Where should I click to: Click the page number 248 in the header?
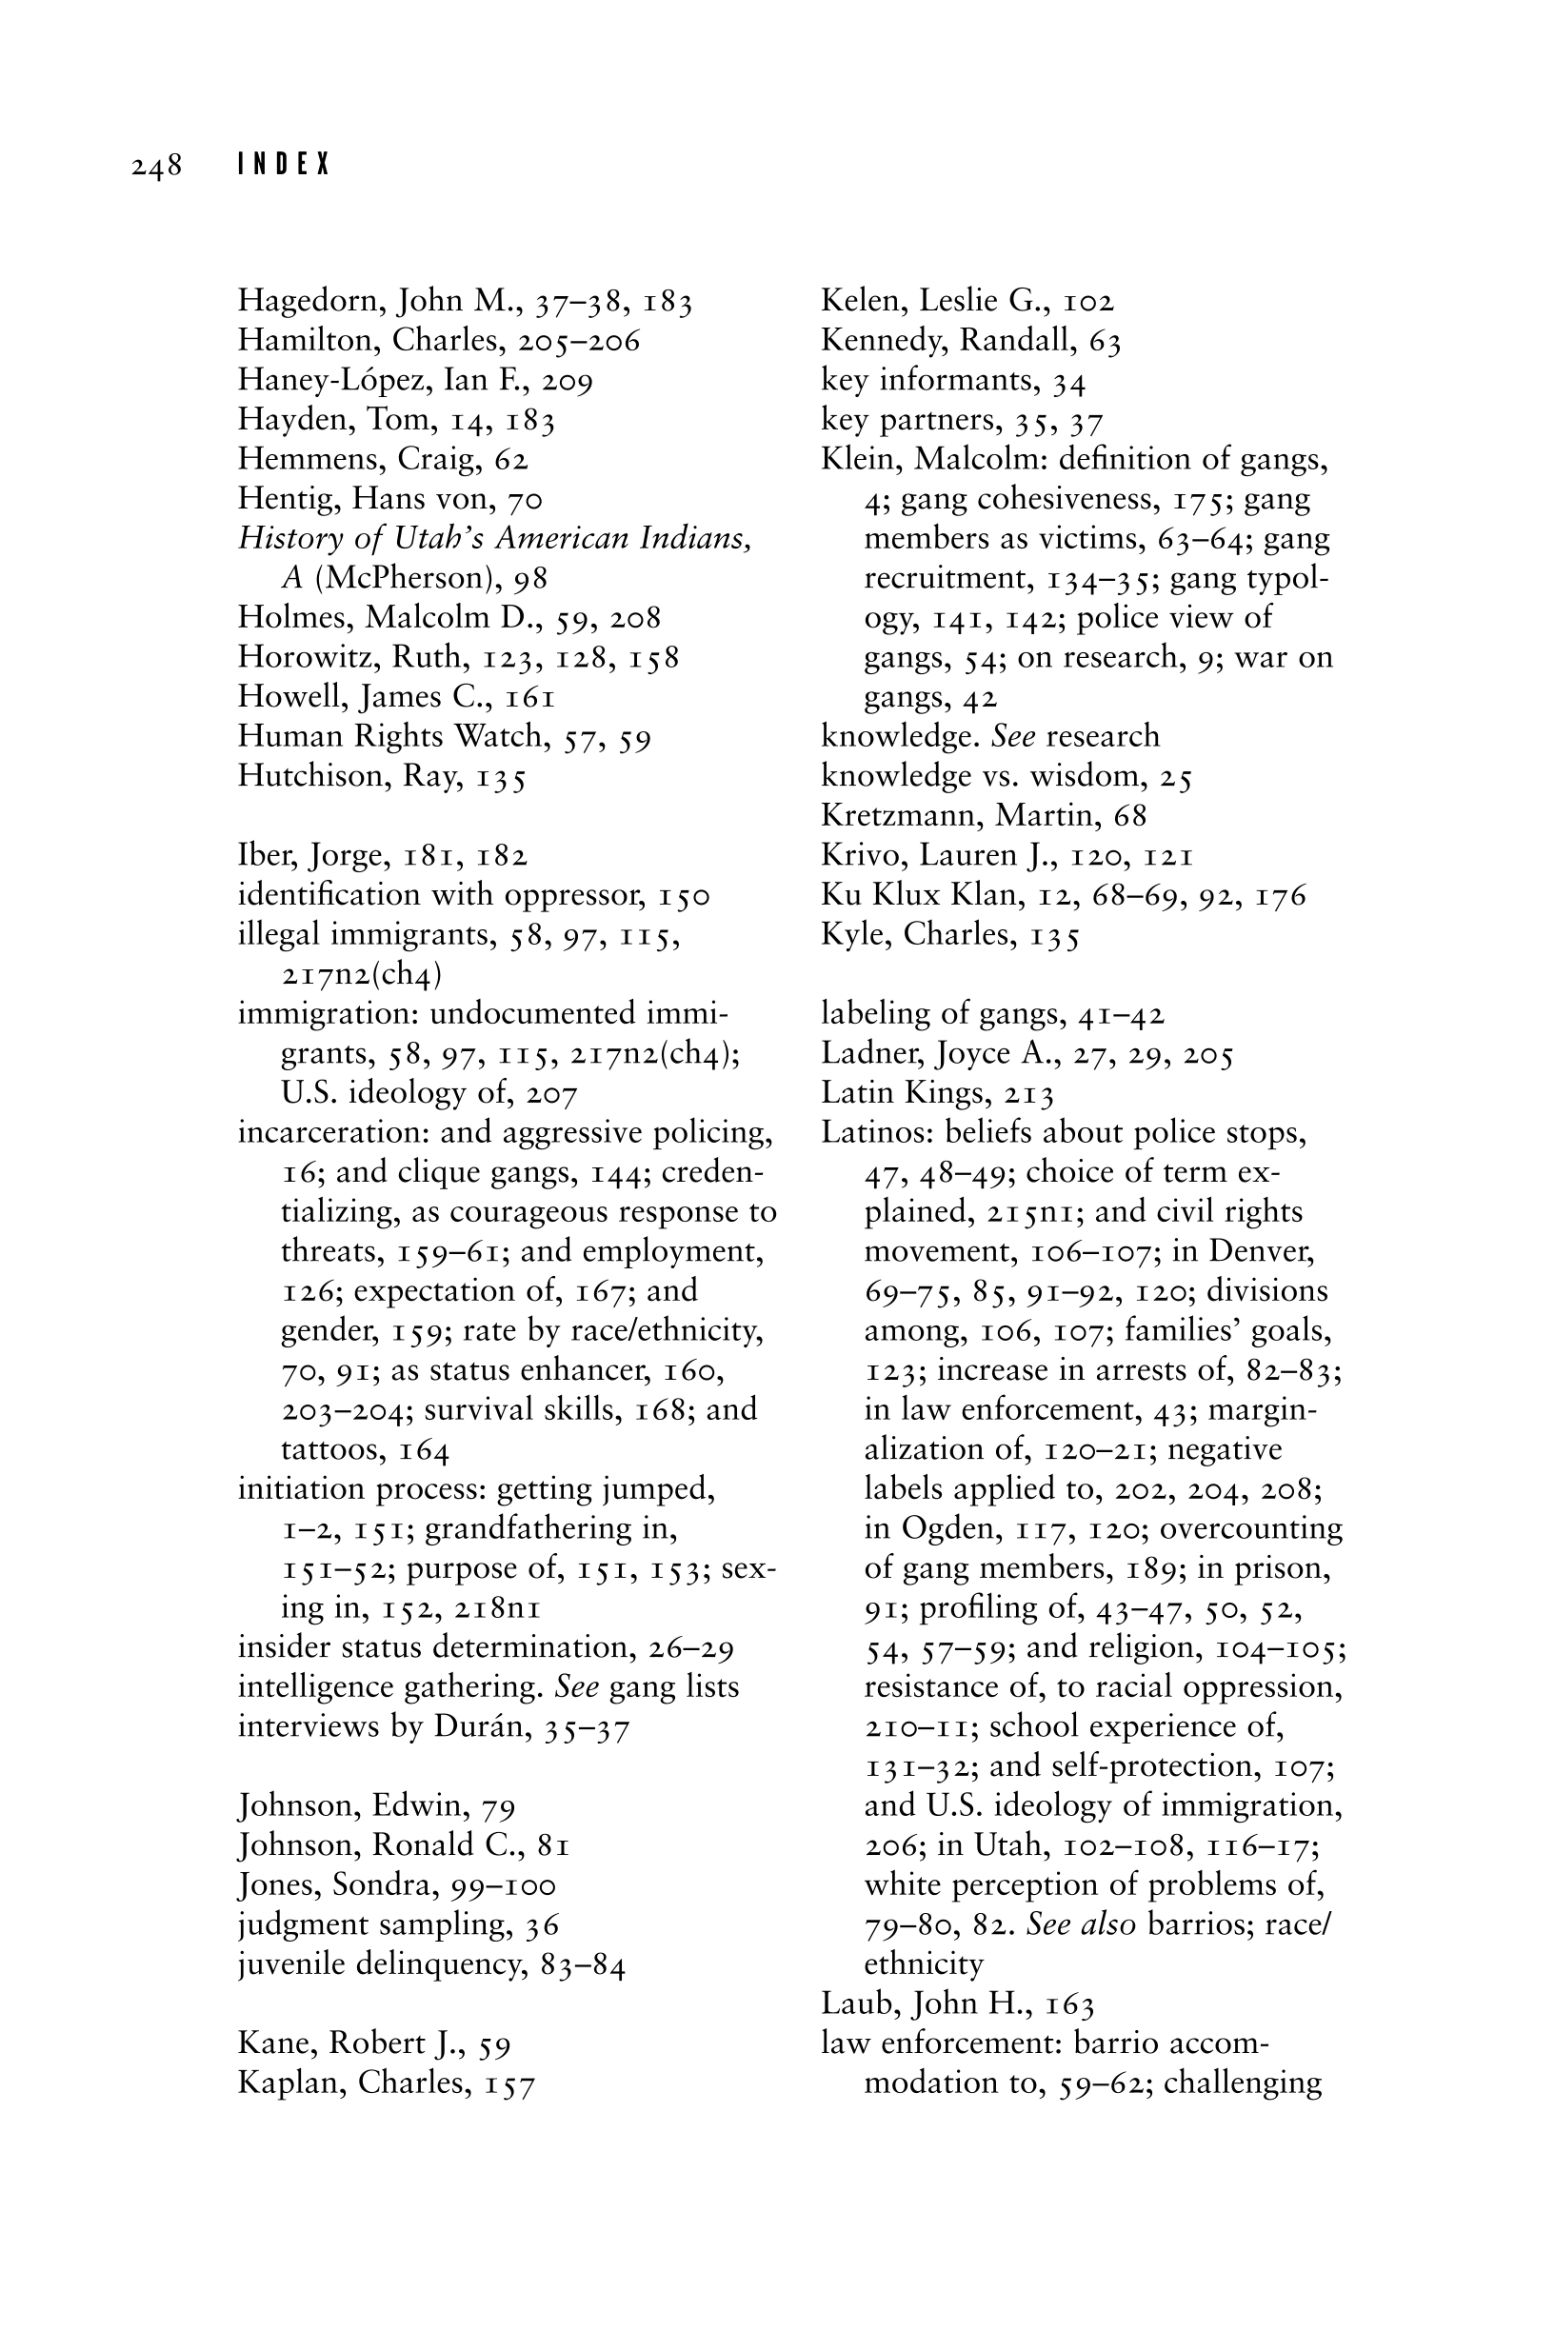[157, 166]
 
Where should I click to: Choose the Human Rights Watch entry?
[391, 737]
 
